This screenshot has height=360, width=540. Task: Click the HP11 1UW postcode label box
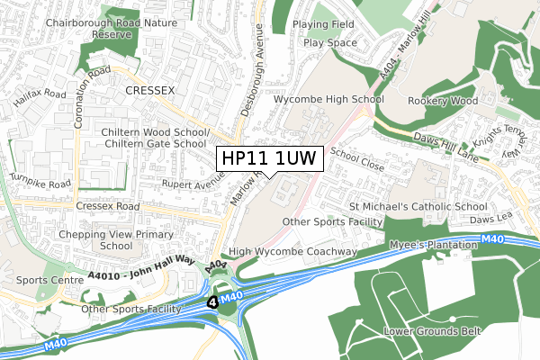coord(267,158)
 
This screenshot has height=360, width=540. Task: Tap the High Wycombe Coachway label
coord(293,252)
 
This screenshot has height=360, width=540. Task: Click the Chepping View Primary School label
coord(103,238)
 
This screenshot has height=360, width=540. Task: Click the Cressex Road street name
coord(107,206)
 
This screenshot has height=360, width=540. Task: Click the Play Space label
coord(329,42)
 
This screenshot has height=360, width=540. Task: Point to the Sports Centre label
coord(37,280)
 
